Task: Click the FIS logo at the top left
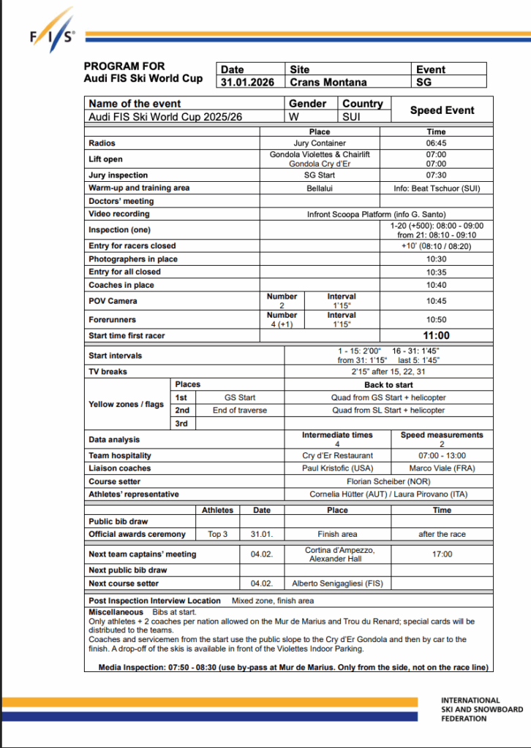point(51,37)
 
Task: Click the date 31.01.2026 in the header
point(248,83)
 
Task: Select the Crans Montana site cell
point(328,83)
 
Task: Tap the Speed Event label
point(442,110)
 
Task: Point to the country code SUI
point(351,117)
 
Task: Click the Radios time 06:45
point(436,143)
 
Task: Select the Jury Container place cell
point(320,143)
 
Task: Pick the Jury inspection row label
point(118,175)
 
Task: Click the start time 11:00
point(436,336)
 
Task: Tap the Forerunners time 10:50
point(436,319)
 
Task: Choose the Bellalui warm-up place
point(320,188)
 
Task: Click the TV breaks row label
point(108,372)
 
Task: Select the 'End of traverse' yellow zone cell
point(240,411)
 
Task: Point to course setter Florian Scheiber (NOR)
point(388,481)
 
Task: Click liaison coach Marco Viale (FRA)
point(442,468)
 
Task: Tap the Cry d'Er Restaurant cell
point(337,455)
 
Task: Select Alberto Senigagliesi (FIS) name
point(336,584)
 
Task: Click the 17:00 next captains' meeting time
point(442,554)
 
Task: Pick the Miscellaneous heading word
point(116,611)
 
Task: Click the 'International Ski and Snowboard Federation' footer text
point(481,709)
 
